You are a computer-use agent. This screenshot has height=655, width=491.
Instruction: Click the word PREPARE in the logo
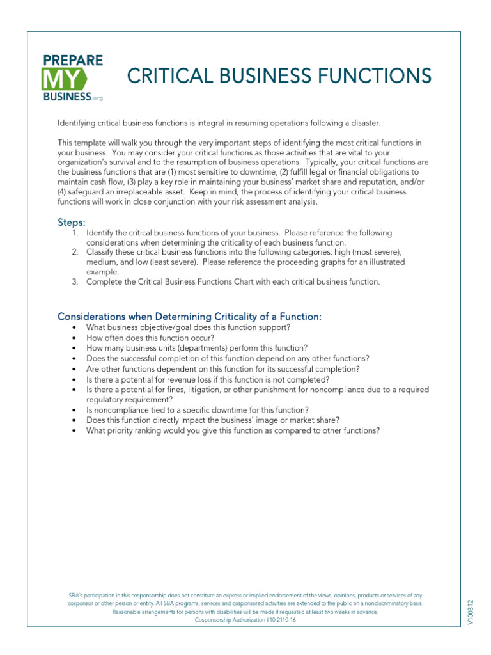click(x=72, y=61)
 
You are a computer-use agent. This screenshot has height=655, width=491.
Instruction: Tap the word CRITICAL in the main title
click(x=166, y=76)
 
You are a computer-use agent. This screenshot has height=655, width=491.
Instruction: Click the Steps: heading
click(x=71, y=222)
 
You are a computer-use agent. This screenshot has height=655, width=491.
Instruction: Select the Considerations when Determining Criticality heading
click(x=190, y=317)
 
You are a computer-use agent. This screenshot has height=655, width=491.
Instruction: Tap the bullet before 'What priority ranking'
click(x=75, y=431)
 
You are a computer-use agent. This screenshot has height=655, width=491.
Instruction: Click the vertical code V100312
click(x=471, y=612)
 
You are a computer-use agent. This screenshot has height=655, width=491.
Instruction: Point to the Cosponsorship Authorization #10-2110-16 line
click(x=245, y=620)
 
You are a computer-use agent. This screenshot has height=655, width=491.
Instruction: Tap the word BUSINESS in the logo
click(x=66, y=97)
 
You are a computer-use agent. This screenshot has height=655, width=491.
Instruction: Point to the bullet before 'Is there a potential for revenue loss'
click(x=75, y=379)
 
